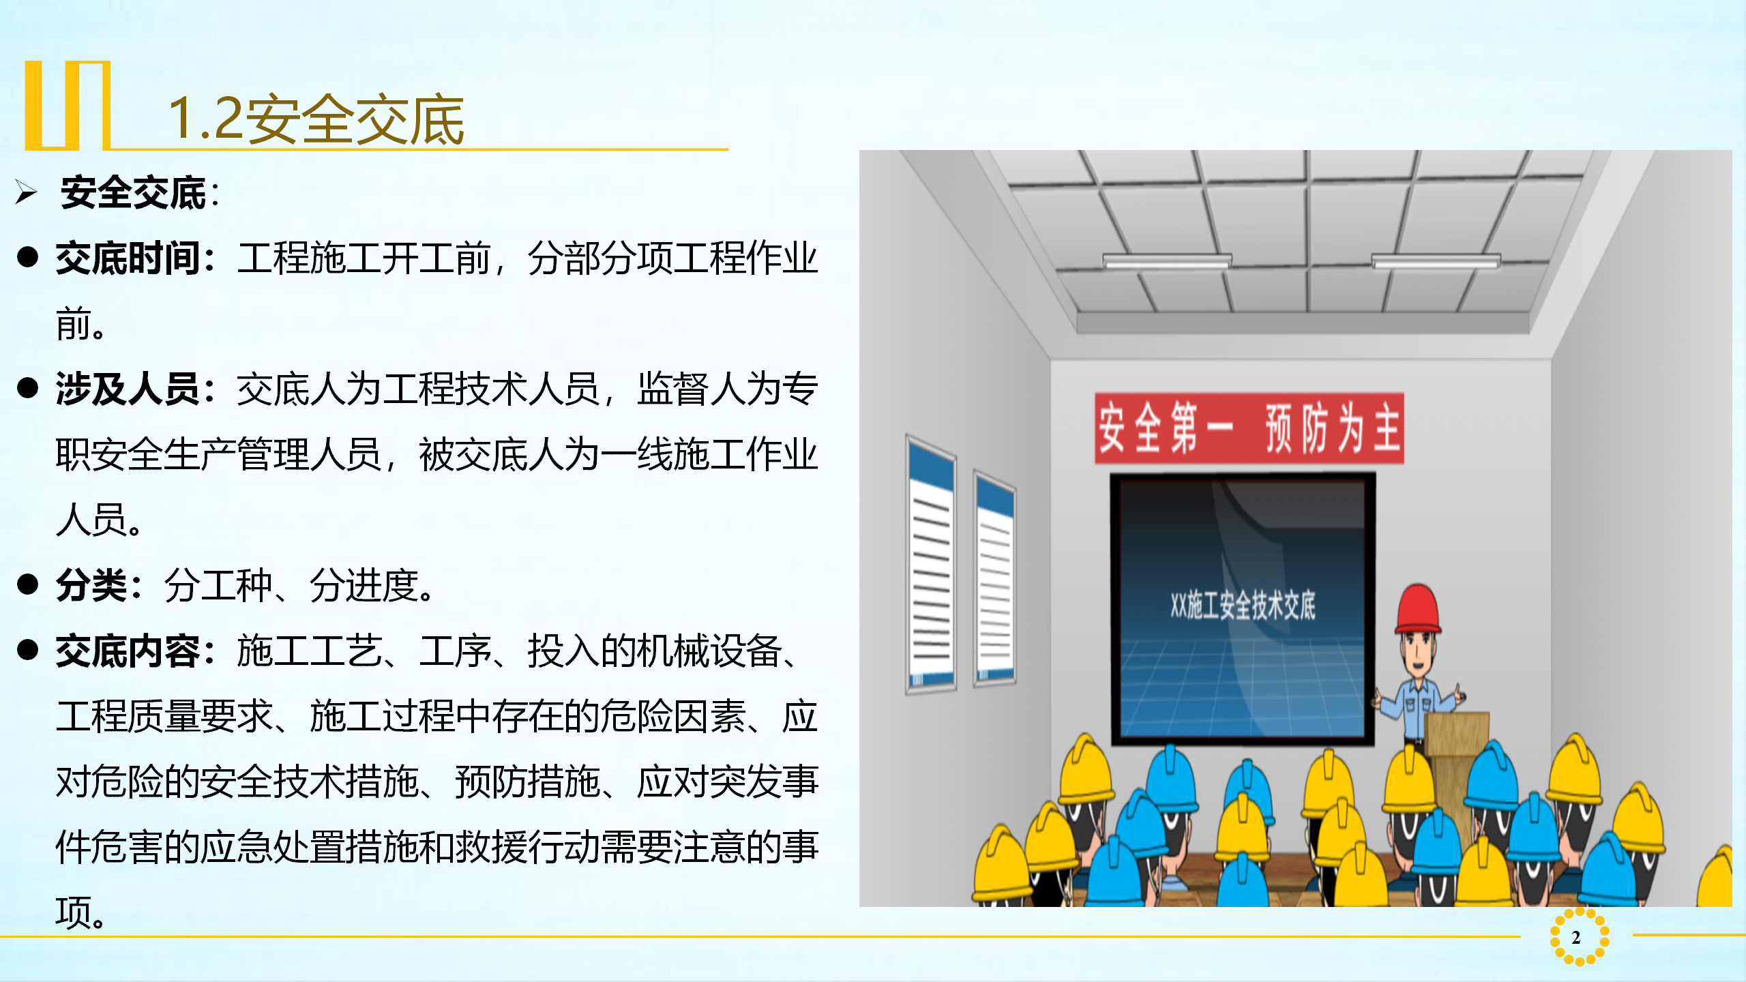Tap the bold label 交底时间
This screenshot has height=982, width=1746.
tap(128, 258)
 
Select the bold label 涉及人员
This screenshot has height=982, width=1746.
tap(128, 389)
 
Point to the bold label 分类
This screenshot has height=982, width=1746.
tap(91, 586)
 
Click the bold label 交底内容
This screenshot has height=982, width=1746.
tap(128, 651)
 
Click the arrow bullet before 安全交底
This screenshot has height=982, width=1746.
tap(26, 192)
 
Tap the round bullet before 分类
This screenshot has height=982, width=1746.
tap(28, 584)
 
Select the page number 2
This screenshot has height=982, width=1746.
tap(1576, 938)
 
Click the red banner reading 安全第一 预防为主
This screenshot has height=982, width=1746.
tap(1249, 428)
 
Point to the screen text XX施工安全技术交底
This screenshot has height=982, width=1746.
tap(1243, 606)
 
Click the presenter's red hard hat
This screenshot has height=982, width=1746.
tap(1418, 609)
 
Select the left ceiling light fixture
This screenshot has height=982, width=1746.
tap(1168, 261)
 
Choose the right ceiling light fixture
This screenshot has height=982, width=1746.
tap(1436, 261)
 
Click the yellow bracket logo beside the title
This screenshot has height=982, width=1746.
tap(68, 106)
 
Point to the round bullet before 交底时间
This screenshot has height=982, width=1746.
tap(28, 257)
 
